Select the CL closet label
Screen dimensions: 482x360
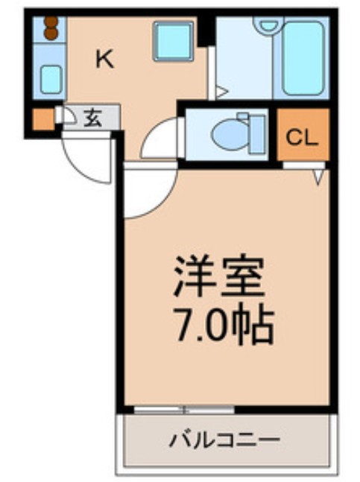pos(303,137)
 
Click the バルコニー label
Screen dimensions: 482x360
pos(224,439)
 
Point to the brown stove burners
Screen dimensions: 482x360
pos(50,29)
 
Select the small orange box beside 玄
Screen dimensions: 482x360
pos(42,119)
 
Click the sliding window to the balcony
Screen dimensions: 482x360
pos(183,409)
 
